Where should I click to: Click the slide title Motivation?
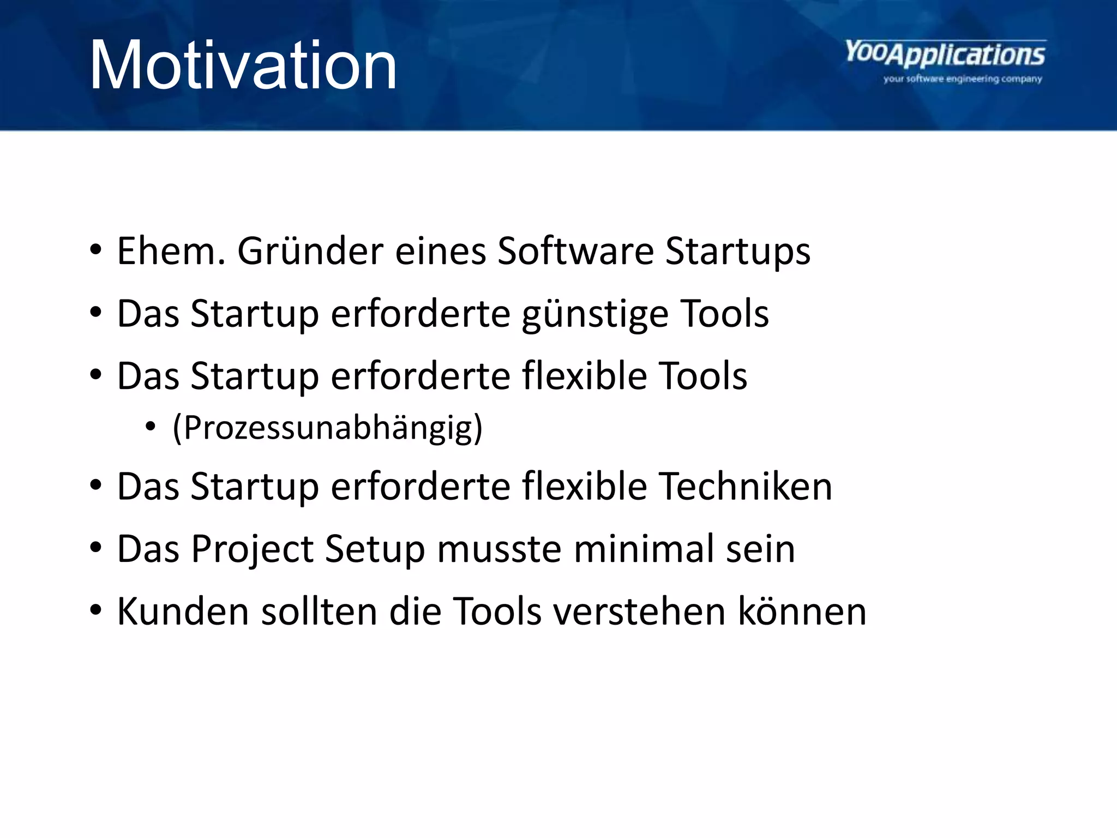[243, 66]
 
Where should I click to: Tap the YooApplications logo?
[945, 55]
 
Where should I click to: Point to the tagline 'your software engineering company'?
[963, 79]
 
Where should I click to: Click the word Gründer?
[310, 251]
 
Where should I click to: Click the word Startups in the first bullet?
[738, 252]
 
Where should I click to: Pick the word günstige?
[594, 315]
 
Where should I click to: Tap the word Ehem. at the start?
[171, 251]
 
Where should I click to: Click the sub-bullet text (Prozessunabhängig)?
[327, 428]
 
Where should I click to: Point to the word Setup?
[375, 549]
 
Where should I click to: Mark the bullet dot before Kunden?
[96, 610]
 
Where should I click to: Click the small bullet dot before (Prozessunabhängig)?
[151, 427]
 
